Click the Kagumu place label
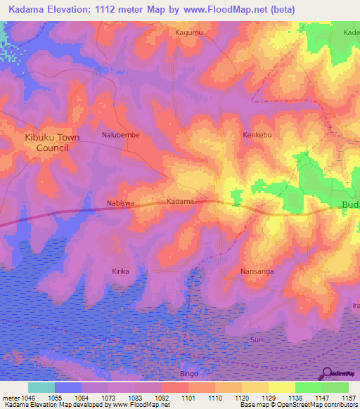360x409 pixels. point(188,32)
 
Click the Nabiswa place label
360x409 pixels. point(120,204)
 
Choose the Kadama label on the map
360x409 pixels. point(180,202)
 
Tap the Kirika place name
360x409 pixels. point(121,271)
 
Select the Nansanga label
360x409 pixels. point(257,271)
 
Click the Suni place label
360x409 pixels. point(258,339)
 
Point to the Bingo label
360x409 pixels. point(189,374)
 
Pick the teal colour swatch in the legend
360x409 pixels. point(41,387)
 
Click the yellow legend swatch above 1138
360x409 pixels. point(281,387)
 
